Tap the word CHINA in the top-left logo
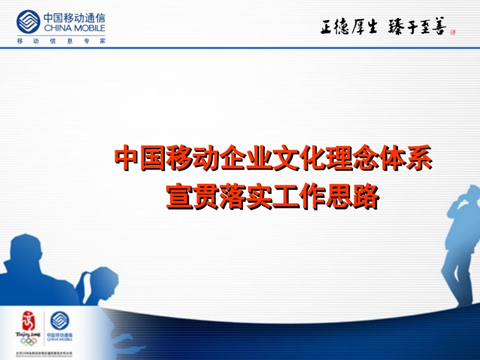(57, 28)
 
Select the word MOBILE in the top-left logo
(88, 28)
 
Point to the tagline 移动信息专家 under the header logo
(61, 41)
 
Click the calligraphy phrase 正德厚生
(349, 27)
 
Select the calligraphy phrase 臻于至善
(417, 27)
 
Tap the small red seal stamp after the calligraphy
(453, 32)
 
